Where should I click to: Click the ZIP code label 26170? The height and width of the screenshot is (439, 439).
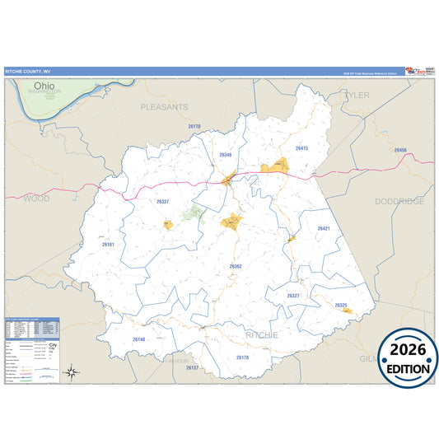[x=194, y=126]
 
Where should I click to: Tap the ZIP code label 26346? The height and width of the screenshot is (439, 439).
[x=226, y=155]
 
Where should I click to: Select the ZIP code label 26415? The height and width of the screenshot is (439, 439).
[x=301, y=148]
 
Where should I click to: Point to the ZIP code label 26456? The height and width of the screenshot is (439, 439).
[x=400, y=150]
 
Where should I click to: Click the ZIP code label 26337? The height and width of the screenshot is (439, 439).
[x=162, y=202]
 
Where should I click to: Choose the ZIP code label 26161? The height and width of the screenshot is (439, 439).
[x=109, y=245]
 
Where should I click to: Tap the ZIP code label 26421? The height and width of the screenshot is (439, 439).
[x=324, y=228]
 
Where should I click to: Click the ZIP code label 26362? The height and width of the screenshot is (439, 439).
[x=236, y=266]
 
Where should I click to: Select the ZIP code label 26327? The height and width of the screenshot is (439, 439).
[x=293, y=295]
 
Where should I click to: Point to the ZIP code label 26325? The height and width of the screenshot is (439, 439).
[x=341, y=306]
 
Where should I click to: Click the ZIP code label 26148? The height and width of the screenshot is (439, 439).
[x=138, y=339]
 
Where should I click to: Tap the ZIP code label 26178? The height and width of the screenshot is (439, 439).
[x=242, y=357]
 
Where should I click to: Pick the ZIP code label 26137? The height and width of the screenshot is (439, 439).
[x=192, y=367]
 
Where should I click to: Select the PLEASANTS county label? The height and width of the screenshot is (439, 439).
[x=164, y=107]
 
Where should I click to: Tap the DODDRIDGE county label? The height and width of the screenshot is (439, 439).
[x=399, y=201]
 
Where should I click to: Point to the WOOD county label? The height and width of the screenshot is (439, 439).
[x=36, y=198]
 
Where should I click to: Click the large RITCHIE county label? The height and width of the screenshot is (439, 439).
[x=261, y=335]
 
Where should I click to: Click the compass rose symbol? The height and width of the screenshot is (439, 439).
[x=72, y=373]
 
